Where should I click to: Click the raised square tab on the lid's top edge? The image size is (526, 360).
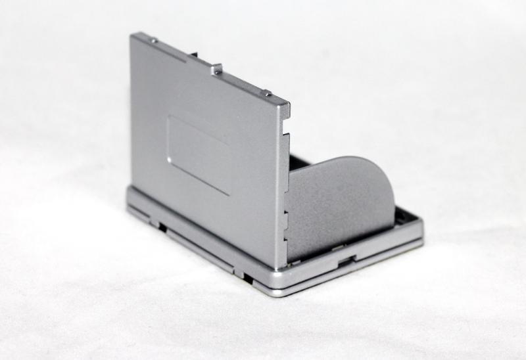click(216, 67)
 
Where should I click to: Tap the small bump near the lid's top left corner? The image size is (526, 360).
click(153, 40)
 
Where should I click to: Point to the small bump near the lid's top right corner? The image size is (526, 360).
click(266, 93)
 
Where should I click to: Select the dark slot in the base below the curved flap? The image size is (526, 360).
click(343, 261)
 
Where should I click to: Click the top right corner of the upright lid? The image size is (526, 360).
click(287, 105)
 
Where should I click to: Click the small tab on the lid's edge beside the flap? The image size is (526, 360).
click(285, 214)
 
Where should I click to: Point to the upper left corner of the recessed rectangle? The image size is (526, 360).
click(170, 118)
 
